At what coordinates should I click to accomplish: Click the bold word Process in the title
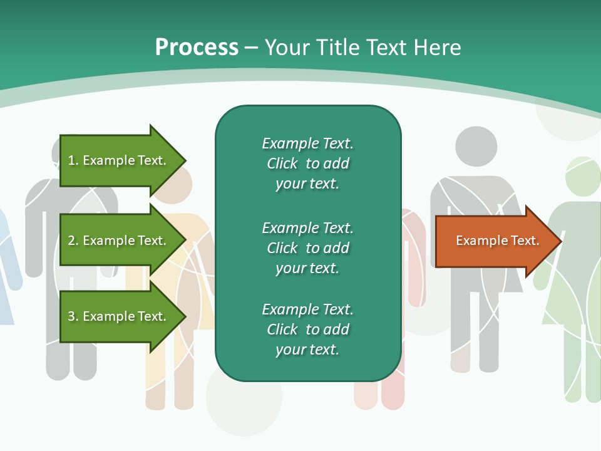click(197, 48)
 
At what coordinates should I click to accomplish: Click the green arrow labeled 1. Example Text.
click(119, 160)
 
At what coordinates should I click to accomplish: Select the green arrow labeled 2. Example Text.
click(119, 241)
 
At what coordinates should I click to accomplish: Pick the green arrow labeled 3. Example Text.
click(119, 316)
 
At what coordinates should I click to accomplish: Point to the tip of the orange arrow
click(560, 241)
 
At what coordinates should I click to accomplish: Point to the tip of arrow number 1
click(185, 160)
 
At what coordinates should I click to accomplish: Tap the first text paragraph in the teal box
click(307, 163)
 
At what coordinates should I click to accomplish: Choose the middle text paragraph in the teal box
click(307, 248)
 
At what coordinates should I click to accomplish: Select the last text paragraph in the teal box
click(307, 329)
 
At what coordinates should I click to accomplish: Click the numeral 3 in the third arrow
click(71, 316)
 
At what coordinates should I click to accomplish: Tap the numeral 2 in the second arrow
click(71, 241)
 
